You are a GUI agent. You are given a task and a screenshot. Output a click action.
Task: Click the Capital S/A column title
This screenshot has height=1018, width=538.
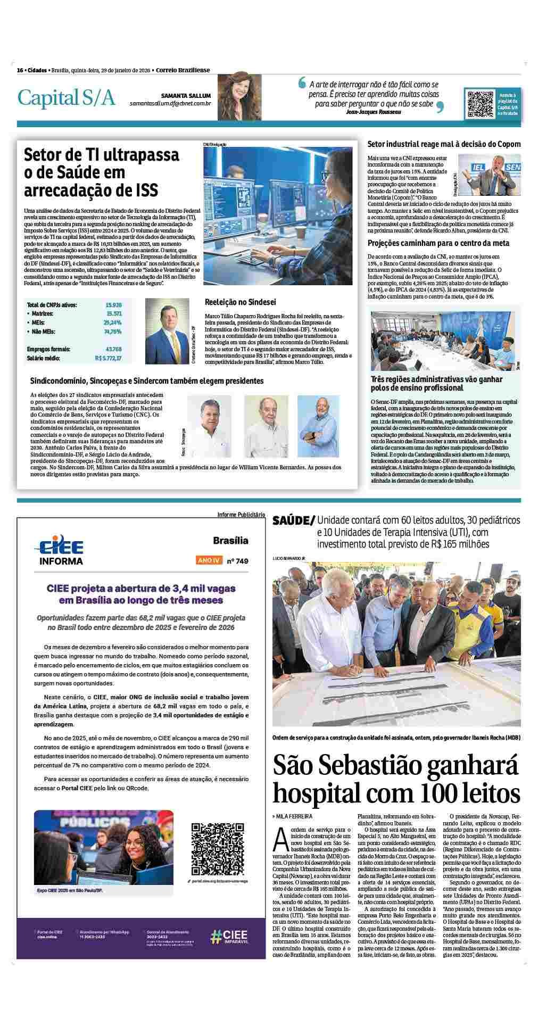[x=66, y=98]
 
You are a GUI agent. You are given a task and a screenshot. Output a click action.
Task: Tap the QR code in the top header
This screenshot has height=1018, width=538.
[x=481, y=104]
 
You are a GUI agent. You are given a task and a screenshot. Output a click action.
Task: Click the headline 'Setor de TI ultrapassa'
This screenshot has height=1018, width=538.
[x=102, y=155]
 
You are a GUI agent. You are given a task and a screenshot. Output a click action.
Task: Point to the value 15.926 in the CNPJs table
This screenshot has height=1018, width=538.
[x=113, y=305]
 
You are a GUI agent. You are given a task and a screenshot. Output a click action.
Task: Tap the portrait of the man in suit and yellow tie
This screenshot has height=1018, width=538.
[x=163, y=331]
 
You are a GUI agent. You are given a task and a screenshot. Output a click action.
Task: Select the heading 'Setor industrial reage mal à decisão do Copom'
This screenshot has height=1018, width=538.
[x=444, y=144]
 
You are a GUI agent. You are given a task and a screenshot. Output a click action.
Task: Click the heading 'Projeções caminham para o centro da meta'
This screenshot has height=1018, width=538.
[x=438, y=243]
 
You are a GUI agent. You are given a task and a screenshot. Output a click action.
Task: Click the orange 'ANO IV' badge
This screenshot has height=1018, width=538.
[x=209, y=560]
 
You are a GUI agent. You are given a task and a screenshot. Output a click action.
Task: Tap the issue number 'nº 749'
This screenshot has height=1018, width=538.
[x=237, y=560]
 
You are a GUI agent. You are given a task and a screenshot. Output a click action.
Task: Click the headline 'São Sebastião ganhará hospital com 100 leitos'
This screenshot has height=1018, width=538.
[x=396, y=780]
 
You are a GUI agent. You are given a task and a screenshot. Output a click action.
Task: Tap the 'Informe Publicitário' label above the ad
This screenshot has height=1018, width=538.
[x=241, y=515]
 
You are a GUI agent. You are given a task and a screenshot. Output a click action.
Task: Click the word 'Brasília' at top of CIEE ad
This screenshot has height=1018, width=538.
[x=230, y=541]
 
